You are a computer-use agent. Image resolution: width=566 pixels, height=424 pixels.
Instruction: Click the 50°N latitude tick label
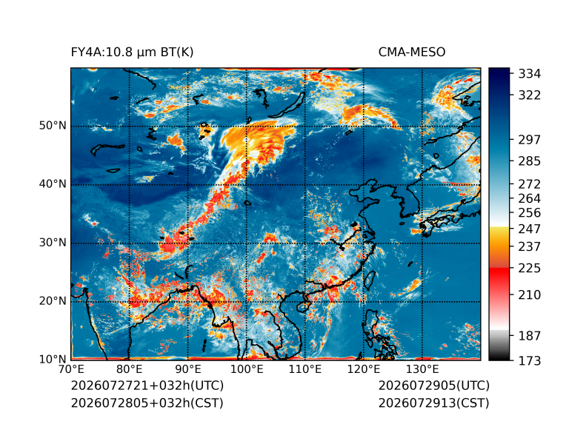tap(53, 126)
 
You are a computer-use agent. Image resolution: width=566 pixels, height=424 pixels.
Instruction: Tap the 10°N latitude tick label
tap(53, 359)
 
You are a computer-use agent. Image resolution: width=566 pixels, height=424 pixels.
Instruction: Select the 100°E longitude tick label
tap(247, 369)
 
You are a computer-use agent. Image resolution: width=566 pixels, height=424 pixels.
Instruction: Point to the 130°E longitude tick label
tap(422, 369)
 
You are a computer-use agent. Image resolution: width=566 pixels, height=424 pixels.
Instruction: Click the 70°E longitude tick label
tap(71, 369)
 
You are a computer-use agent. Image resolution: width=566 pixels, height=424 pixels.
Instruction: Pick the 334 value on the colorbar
tap(530, 74)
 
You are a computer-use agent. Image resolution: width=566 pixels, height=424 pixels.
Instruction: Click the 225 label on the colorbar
tap(530, 269)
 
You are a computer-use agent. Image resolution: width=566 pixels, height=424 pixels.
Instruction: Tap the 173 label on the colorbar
tap(530, 360)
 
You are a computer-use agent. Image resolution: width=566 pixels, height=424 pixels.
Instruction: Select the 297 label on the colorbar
tap(530, 140)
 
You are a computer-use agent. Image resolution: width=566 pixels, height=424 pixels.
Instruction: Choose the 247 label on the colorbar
tap(530, 229)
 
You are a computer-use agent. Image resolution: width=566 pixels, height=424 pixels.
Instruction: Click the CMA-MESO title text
tap(412, 53)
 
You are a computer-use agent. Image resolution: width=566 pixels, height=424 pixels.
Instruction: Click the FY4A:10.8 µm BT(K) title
tap(132, 53)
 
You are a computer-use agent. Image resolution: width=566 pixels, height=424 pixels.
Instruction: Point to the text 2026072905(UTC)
tap(434, 386)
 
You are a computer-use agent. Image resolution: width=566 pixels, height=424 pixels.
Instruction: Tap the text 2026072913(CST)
tap(434, 403)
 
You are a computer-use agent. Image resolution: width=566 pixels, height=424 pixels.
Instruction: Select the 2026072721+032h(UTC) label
tap(147, 386)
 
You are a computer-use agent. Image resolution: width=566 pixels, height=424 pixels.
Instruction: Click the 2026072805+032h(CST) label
tap(147, 403)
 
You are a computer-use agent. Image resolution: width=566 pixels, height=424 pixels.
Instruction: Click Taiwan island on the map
tap(368, 280)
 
